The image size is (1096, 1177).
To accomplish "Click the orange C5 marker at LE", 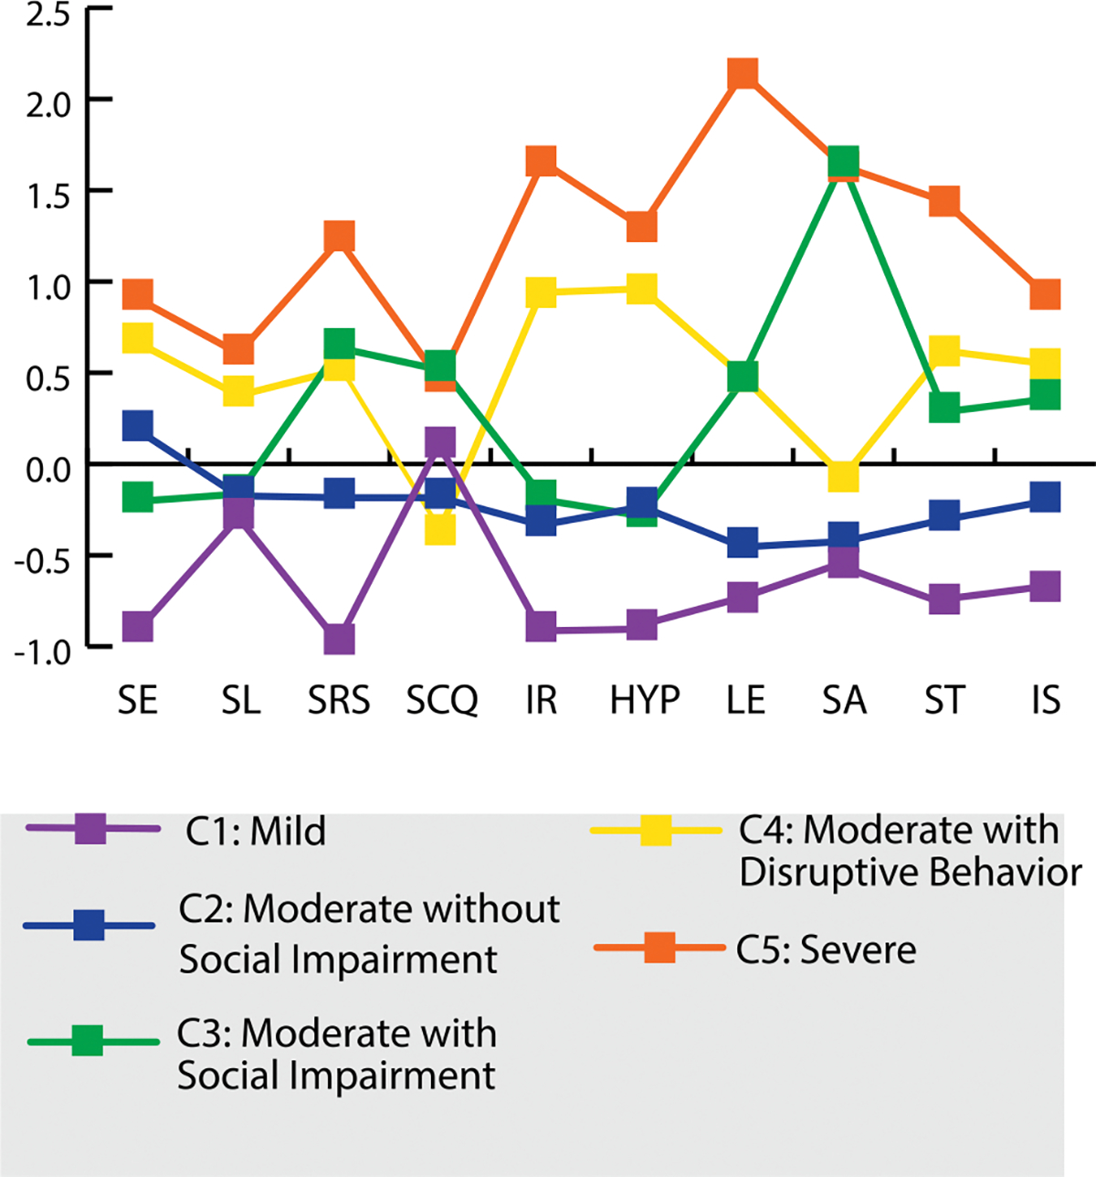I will [743, 73].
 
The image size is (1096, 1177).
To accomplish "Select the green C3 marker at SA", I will [843, 163].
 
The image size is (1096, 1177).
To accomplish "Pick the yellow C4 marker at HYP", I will [642, 291].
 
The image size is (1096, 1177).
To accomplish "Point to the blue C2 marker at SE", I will [137, 425].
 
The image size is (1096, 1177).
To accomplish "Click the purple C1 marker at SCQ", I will [440, 442].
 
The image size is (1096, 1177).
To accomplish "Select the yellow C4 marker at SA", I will [843, 475].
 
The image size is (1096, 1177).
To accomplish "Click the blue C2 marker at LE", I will [743, 542].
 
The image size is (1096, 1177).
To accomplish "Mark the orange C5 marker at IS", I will [1045, 294].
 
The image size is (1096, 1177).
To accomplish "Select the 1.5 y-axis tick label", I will [38, 194].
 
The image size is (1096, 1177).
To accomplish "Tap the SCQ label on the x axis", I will [442, 701].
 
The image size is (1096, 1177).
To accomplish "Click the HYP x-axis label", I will [645, 701].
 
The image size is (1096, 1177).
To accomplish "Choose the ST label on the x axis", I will [944, 701].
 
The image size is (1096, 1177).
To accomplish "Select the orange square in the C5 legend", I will [659, 949].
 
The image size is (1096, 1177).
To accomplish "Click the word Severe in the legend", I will [858, 950].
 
